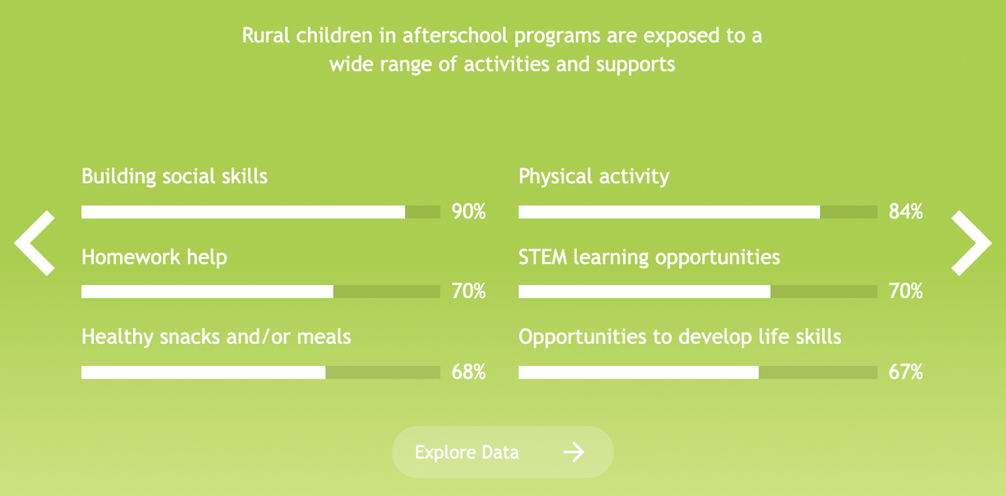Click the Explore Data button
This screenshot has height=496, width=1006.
tap(502, 452)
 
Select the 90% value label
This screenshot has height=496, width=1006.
tap(468, 211)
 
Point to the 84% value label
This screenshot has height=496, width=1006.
tap(905, 211)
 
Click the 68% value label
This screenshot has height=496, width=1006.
tap(468, 372)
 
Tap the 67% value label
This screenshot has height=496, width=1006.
tap(905, 372)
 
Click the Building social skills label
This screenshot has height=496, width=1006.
tap(174, 176)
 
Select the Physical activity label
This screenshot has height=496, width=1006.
tap(594, 177)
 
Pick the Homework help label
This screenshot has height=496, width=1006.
tap(154, 257)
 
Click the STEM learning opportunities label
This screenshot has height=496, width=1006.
tap(649, 258)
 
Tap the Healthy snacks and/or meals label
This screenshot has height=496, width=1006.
tap(216, 337)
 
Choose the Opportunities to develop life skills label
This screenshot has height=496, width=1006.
tap(680, 337)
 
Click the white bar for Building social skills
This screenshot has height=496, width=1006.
tap(243, 212)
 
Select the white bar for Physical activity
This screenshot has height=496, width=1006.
tap(669, 212)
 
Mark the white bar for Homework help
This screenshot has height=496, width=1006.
tap(207, 292)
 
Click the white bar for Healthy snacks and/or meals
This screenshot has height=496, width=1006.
tap(203, 373)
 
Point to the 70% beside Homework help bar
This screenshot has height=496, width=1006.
tap(468, 292)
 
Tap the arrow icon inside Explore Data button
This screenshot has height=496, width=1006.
tap(574, 452)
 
